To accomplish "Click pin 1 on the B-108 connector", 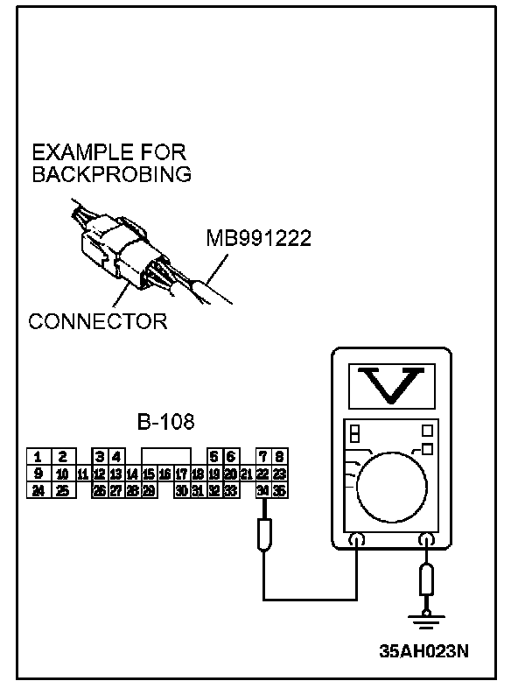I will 38,456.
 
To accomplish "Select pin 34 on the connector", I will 263,490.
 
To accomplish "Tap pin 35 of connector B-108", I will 280,490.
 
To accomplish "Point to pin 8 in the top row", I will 280,456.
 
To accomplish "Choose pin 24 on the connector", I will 38,490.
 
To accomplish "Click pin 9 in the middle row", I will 38,474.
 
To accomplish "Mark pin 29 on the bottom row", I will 149,490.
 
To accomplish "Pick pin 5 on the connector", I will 214,456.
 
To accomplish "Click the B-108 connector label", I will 166,423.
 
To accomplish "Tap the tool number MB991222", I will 258,238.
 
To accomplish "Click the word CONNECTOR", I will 97,321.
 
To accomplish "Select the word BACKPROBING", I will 111,173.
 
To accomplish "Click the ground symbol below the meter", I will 426,623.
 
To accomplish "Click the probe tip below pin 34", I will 263,533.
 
